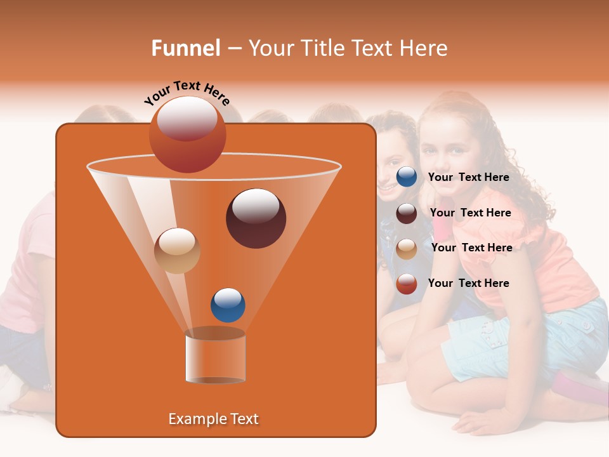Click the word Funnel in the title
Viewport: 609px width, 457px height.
tap(185, 48)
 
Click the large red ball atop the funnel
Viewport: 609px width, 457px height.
tap(187, 135)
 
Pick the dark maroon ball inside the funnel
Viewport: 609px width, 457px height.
tap(256, 218)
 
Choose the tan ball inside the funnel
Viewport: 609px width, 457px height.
tap(177, 251)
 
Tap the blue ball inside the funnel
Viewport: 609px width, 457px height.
tap(228, 305)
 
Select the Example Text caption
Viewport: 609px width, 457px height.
tap(214, 419)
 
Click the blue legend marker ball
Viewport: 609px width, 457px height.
tap(407, 177)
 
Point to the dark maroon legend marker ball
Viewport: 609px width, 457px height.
tap(407, 213)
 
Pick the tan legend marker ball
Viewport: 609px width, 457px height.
tap(407, 249)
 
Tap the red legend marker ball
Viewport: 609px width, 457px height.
tap(407, 284)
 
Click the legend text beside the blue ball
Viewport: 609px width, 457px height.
tap(469, 177)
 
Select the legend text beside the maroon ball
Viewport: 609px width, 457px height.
tap(470, 213)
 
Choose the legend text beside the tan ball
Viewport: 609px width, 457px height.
tap(471, 248)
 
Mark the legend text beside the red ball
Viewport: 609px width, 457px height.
tap(469, 283)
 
